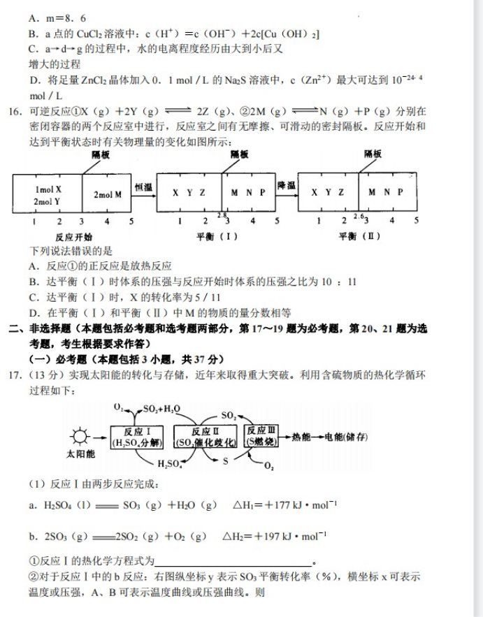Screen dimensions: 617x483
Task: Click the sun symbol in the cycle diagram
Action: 82,436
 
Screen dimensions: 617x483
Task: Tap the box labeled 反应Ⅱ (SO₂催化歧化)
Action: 206,436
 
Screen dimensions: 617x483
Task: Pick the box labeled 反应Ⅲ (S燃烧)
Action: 261,435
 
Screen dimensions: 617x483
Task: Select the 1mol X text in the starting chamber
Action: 48,189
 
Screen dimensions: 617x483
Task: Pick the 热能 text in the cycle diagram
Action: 301,436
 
